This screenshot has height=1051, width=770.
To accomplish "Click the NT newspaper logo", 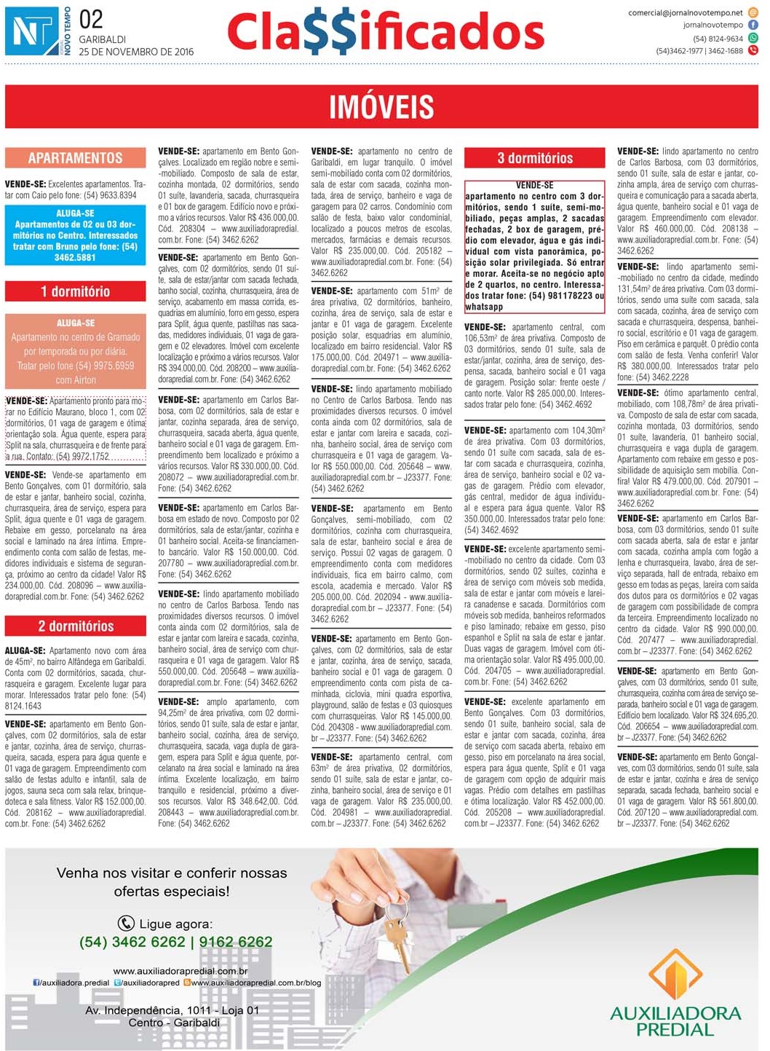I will click(x=32, y=31).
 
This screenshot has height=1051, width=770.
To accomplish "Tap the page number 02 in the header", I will click(x=92, y=19).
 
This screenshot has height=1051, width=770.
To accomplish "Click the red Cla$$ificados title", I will click(x=385, y=33).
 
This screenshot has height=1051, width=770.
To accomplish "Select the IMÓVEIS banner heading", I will click(x=381, y=107).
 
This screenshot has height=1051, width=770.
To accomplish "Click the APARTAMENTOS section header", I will click(x=76, y=158).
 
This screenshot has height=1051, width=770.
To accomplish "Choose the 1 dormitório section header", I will click(x=76, y=291).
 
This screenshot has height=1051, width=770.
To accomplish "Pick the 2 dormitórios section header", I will click(x=76, y=626).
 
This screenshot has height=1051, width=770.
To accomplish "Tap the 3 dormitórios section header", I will click(x=535, y=158).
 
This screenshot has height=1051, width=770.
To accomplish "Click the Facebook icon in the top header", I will click(x=753, y=25).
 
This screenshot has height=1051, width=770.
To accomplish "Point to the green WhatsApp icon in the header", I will click(x=753, y=38).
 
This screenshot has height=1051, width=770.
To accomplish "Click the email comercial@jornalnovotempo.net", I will click(x=686, y=12).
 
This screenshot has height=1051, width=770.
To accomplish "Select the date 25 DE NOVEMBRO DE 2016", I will click(x=136, y=52).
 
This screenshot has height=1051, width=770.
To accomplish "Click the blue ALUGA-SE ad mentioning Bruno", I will click(x=76, y=235).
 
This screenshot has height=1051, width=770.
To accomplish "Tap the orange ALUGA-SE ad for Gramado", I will click(x=76, y=351).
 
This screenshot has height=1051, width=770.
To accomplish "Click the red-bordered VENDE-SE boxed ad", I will click(x=535, y=246).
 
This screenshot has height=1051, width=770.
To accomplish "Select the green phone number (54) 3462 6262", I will click(x=175, y=942).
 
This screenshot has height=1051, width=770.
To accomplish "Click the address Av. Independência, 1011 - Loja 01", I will click(x=172, y=1010).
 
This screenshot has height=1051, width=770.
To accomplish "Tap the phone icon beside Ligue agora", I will click(x=126, y=924).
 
